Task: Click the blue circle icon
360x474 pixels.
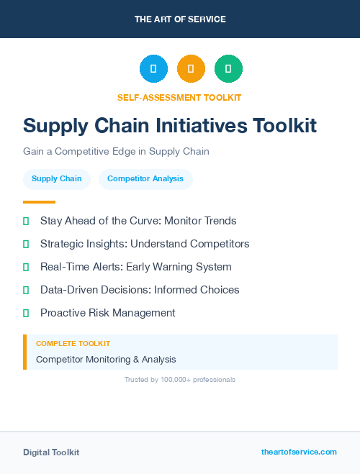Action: (153, 68)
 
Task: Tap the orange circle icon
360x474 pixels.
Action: (191, 68)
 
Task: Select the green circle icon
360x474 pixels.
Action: (228, 68)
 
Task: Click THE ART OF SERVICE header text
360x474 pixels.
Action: (180, 19)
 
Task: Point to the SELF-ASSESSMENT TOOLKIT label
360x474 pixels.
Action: (179, 98)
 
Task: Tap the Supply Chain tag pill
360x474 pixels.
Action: (57, 178)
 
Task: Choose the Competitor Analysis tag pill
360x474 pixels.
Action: (145, 178)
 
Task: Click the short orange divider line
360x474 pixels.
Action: (39, 202)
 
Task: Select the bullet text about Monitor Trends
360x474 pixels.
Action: (138, 221)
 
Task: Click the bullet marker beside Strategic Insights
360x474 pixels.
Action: (26, 244)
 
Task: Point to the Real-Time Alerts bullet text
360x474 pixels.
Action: (136, 267)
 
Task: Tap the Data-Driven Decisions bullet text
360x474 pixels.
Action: (140, 290)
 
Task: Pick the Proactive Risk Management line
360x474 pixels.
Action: (108, 313)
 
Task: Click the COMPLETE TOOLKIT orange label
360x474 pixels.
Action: (73, 344)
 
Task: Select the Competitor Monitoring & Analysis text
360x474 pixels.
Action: (106, 359)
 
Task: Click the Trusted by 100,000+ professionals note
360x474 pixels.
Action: (180, 379)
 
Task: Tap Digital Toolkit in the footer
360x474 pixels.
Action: (51, 452)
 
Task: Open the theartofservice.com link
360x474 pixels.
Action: (299, 452)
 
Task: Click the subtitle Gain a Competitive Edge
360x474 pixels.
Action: (116, 152)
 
